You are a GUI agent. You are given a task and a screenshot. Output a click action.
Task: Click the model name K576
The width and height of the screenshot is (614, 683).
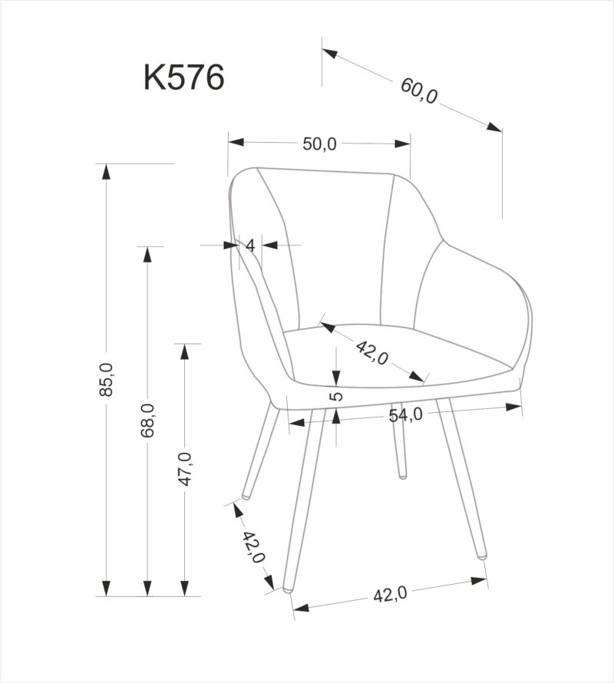[x=184, y=78]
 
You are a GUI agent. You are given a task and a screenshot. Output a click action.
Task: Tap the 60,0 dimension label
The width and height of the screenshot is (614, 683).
[x=419, y=91]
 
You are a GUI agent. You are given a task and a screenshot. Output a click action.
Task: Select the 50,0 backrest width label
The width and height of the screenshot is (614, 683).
[x=319, y=144]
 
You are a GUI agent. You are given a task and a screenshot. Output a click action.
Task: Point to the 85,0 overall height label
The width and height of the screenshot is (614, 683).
[x=107, y=379]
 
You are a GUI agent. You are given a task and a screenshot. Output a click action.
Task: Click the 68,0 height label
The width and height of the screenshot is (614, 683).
[x=147, y=421]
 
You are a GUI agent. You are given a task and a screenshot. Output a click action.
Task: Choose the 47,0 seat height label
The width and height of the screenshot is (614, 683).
[x=185, y=469]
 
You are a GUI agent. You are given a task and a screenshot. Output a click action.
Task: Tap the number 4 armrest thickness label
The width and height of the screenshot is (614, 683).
[x=249, y=246]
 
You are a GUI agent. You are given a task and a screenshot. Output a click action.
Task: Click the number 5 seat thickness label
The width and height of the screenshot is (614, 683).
[x=337, y=397]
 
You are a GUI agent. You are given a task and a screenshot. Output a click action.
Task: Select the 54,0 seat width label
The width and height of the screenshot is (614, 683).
[x=405, y=415]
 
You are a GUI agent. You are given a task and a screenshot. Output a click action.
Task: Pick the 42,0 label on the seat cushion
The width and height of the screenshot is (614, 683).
[x=372, y=352]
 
